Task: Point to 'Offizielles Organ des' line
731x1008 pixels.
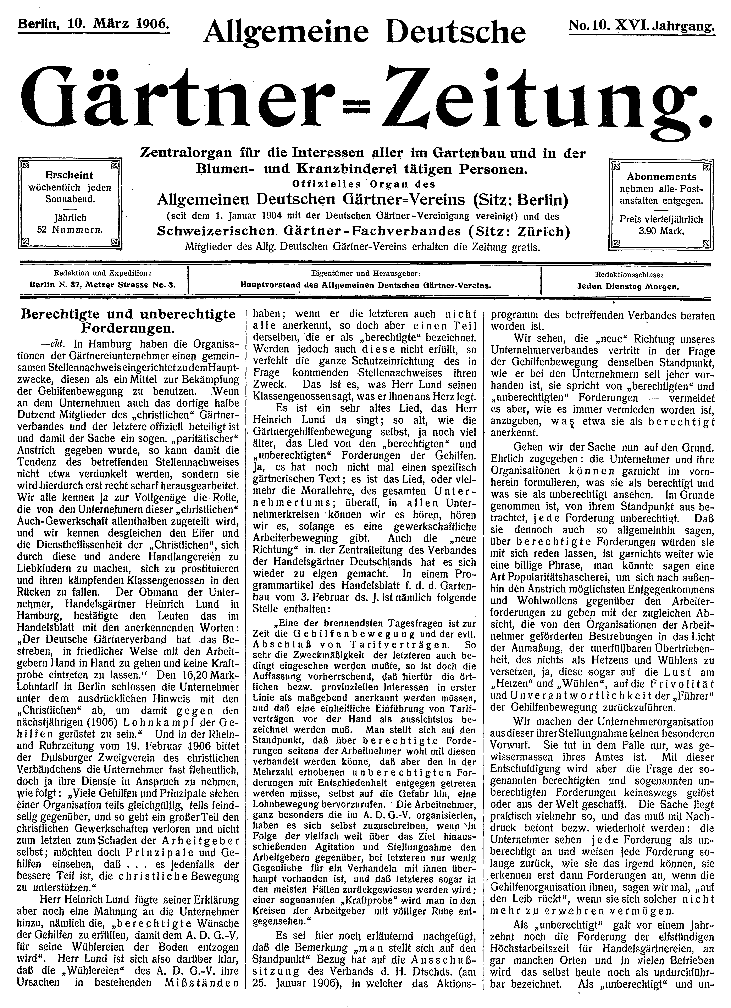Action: (364, 184)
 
